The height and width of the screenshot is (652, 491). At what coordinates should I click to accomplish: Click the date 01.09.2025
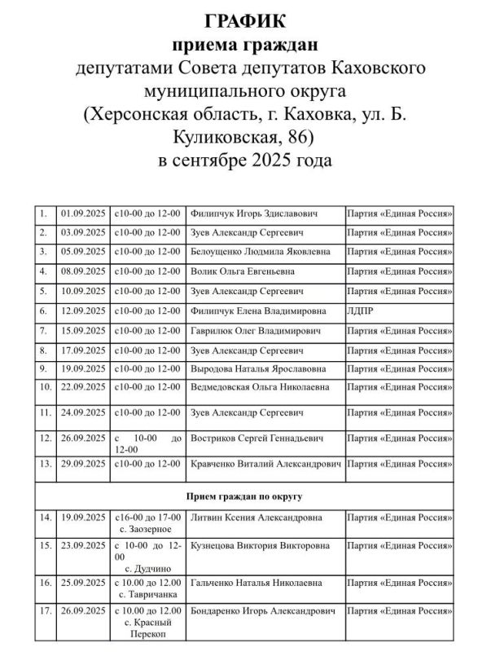83,214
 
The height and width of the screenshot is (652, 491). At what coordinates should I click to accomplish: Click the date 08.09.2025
83,271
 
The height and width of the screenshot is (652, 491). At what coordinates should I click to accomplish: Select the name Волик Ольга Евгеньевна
242,271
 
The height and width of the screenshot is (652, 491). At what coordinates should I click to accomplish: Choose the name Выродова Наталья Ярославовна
256,369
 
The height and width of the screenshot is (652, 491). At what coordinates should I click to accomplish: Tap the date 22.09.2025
83,386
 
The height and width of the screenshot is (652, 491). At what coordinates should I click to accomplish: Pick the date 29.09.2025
83,464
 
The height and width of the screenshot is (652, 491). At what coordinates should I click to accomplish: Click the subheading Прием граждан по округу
245,496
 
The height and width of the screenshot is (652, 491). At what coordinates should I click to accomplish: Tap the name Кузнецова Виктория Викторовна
260,544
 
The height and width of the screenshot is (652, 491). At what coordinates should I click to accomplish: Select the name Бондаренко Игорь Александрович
261,610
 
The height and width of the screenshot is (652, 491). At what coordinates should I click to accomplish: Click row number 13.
44,464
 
